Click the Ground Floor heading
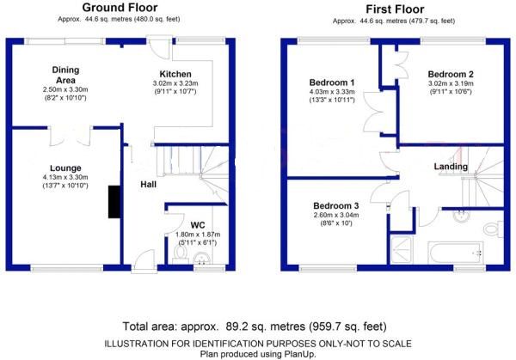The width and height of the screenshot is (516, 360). (120, 7)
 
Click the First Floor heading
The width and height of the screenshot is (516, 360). (395, 9)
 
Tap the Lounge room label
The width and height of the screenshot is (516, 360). (65, 168)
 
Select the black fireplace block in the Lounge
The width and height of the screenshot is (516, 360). (114, 202)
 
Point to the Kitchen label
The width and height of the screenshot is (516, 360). (175, 74)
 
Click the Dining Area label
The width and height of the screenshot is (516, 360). (65, 75)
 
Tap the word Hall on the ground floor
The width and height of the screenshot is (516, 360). (149, 185)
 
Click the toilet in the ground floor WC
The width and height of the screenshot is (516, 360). (181, 254)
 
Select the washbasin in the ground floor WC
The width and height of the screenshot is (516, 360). (202, 258)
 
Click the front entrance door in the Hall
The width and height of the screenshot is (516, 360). (144, 261)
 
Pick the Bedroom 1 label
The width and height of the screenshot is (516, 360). (332, 82)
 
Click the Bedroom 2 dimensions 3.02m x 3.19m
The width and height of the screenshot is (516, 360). (451, 83)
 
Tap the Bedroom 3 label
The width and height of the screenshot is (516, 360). (336, 206)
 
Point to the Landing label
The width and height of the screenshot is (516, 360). (451, 167)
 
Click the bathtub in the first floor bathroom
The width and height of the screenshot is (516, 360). (456, 253)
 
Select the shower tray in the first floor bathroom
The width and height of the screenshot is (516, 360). (401, 250)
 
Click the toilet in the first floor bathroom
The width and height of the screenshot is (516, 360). (494, 229)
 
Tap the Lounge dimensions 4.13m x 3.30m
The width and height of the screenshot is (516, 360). (65, 177)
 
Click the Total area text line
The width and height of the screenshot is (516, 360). (255, 326)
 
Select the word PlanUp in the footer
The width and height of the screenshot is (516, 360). (300, 354)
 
